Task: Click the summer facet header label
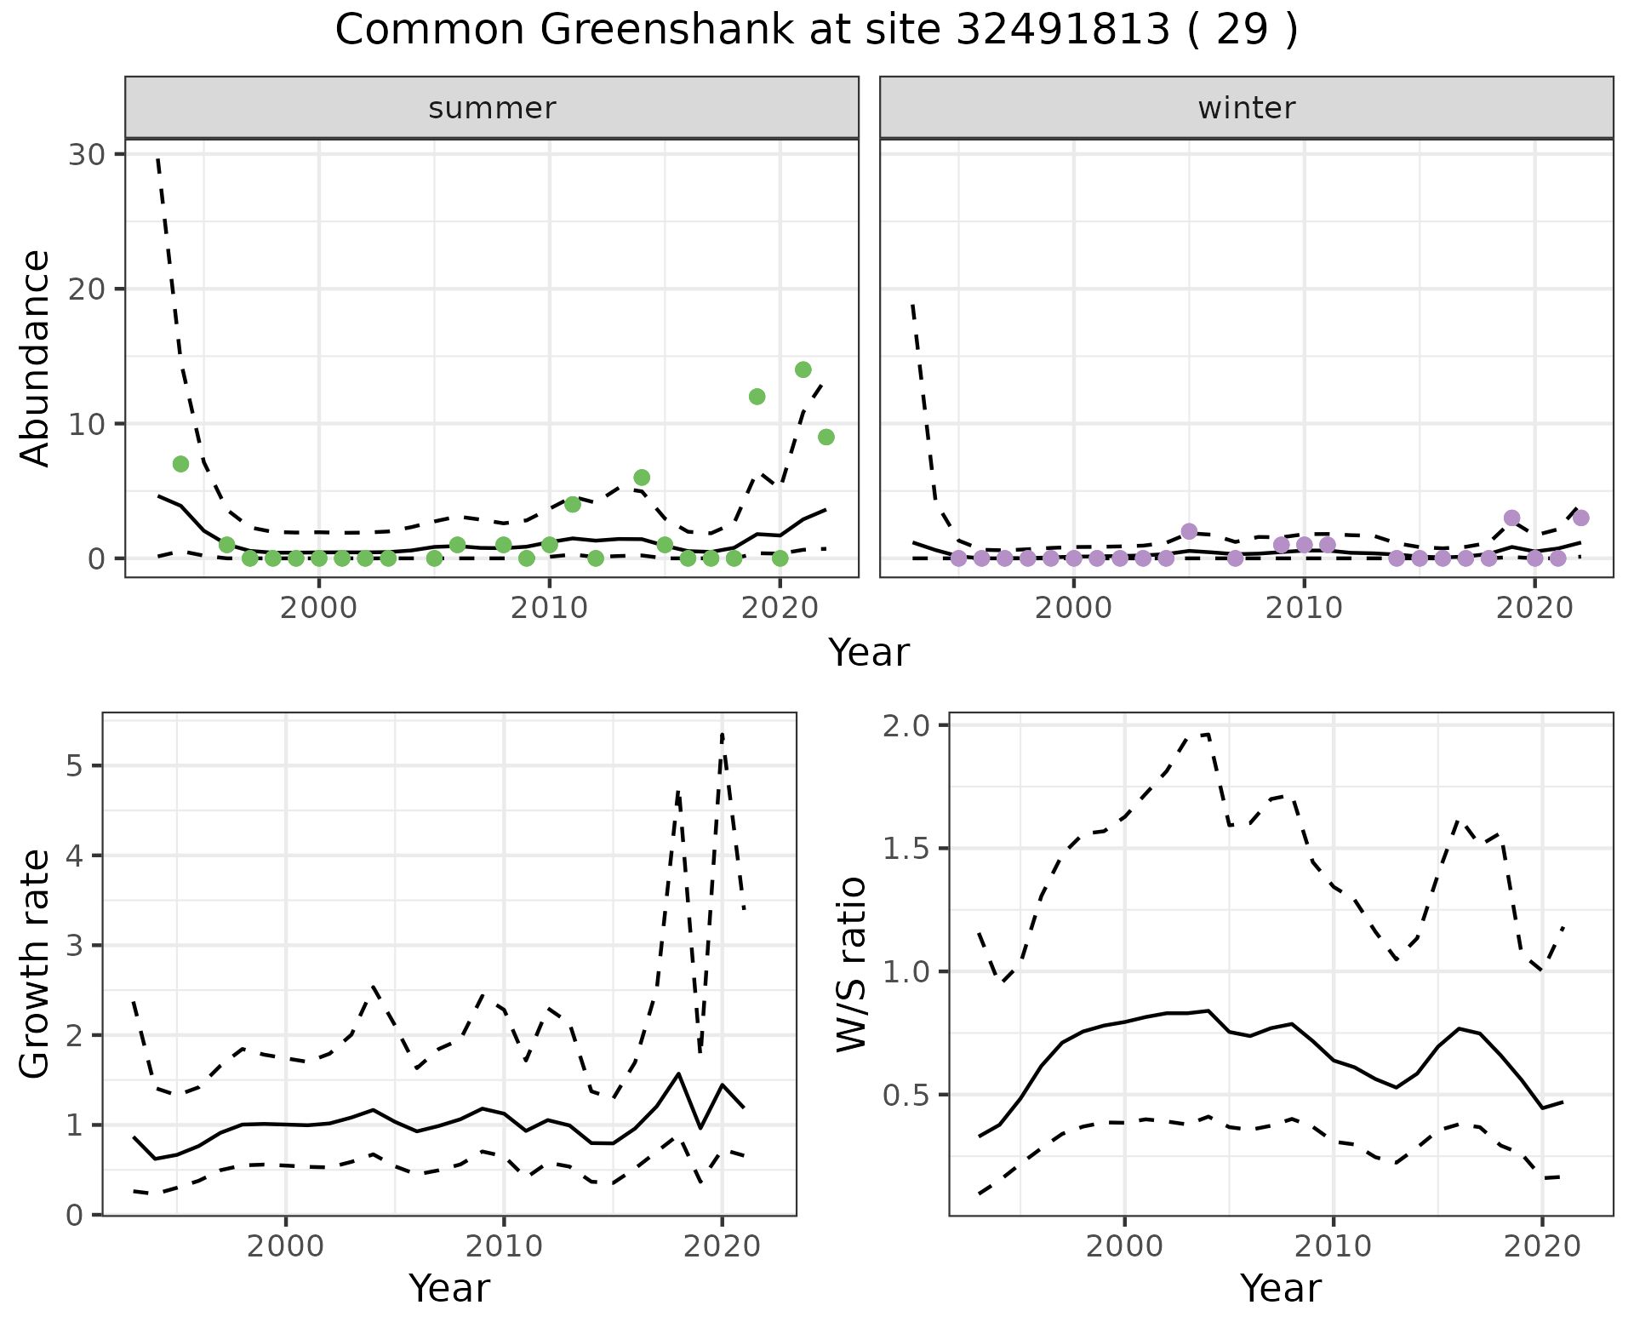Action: pyautogui.click(x=492, y=109)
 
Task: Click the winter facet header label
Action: pyautogui.click(x=1246, y=109)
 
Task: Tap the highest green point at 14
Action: pyautogui.click(x=803, y=369)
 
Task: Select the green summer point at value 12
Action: pyautogui.click(x=757, y=397)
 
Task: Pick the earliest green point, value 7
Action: pyautogui.click(x=180, y=464)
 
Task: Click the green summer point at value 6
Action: pyautogui.click(x=642, y=478)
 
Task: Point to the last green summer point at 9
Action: pyautogui.click(x=826, y=438)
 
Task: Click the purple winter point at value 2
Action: pyautogui.click(x=1189, y=531)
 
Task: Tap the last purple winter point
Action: pyautogui.click(x=1580, y=518)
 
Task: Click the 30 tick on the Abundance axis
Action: pyautogui.click(x=92, y=155)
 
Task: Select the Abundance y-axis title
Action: pyautogui.click(x=36, y=358)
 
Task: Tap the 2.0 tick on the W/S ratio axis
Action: pyautogui.click(x=906, y=725)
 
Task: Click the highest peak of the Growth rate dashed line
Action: pyautogui.click(x=722, y=733)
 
